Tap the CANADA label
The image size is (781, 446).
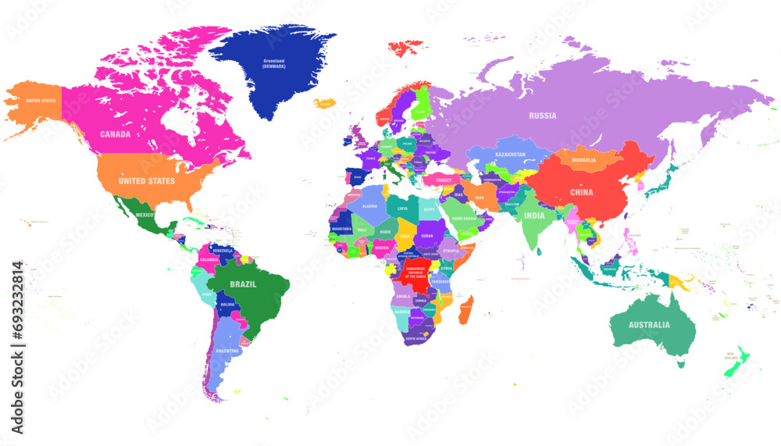[x=115, y=134]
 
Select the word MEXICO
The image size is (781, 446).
[x=144, y=214]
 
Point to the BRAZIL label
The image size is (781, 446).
[x=242, y=284]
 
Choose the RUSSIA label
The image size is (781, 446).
[x=542, y=116]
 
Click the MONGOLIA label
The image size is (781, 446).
[x=583, y=160]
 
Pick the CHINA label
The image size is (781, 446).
[x=581, y=192]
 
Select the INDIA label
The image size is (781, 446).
[x=534, y=216]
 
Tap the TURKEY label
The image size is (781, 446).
[x=444, y=180]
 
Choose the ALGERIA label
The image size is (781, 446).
[x=369, y=207]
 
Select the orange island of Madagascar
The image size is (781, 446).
[x=465, y=309]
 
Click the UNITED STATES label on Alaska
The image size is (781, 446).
[x=41, y=102]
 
